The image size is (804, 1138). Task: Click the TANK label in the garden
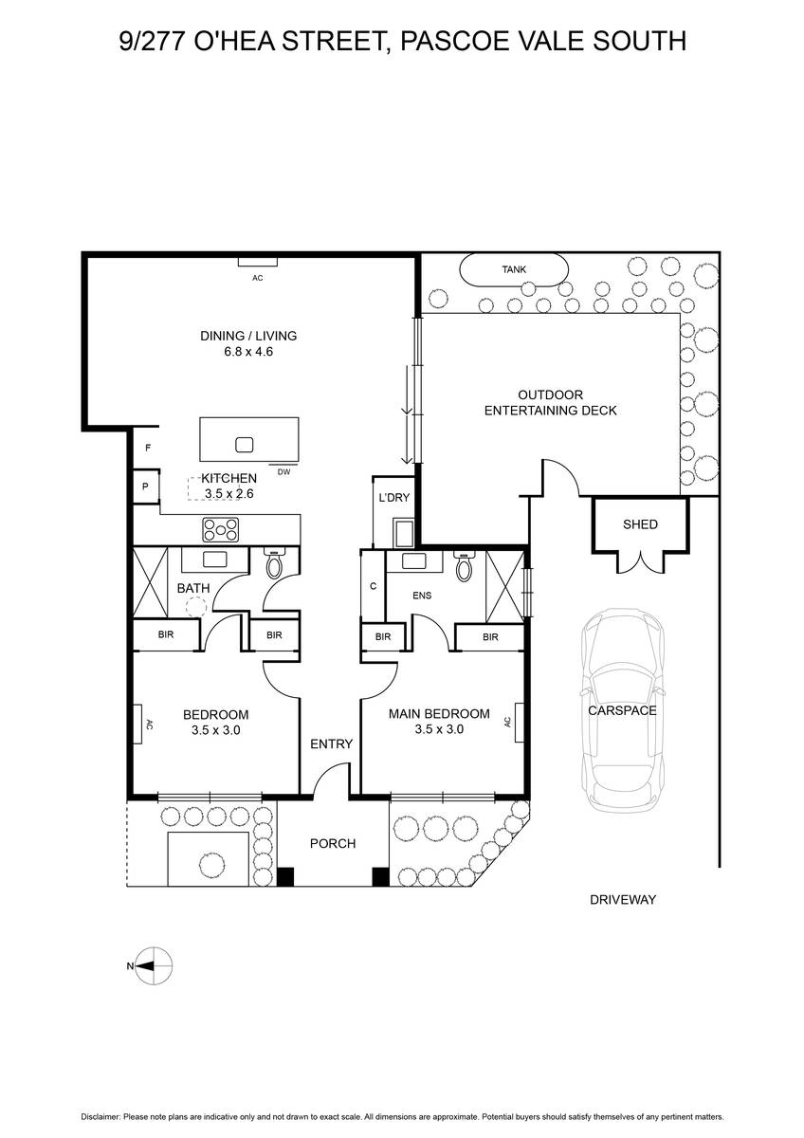(514, 269)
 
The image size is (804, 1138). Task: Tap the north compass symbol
(151, 965)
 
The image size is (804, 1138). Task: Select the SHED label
(640, 524)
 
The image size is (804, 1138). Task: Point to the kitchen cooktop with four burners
(220, 530)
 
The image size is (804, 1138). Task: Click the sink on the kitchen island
(244, 445)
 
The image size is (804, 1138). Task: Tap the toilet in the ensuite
(465, 565)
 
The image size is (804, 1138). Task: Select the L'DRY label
(394, 497)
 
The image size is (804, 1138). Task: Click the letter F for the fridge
(148, 448)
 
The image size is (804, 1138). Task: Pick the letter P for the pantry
(145, 486)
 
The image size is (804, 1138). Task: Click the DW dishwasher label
(283, 472)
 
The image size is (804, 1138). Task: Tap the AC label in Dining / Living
(258, 278)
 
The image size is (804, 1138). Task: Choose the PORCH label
(333, 844)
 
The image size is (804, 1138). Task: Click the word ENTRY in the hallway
(331, 743)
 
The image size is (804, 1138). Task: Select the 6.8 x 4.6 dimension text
(248, 352)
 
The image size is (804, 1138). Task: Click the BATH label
(193, 588)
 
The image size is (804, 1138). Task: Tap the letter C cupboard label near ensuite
(374, 586)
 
